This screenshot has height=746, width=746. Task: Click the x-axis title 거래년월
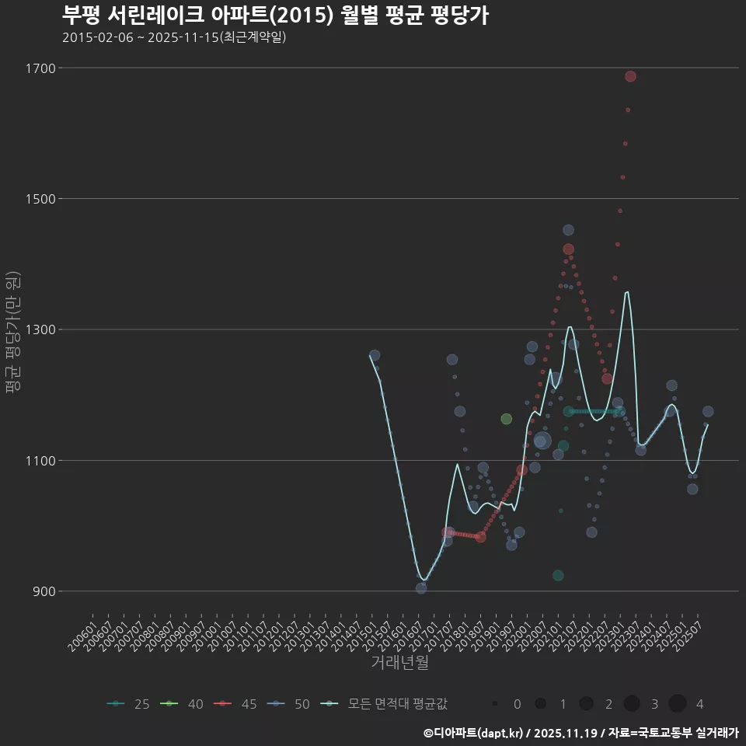pyautogui.click(x=399, y=663)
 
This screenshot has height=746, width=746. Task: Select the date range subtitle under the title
pyautogui.click(x=174, y=37)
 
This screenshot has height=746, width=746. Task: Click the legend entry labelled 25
pyautogui.click(x=129, y=704)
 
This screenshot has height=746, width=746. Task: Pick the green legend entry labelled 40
pyautogui.click(x=183, y=704)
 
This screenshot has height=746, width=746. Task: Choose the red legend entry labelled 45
pyautogui.click(x=236, y=704)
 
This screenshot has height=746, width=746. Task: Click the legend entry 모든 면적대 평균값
pyautogui.click(x=385, y=704)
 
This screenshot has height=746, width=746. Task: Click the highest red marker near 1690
pyautogui.click(x=630, y=76)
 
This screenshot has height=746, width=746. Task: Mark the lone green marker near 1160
pyautogui.click(x=507, y=419)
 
